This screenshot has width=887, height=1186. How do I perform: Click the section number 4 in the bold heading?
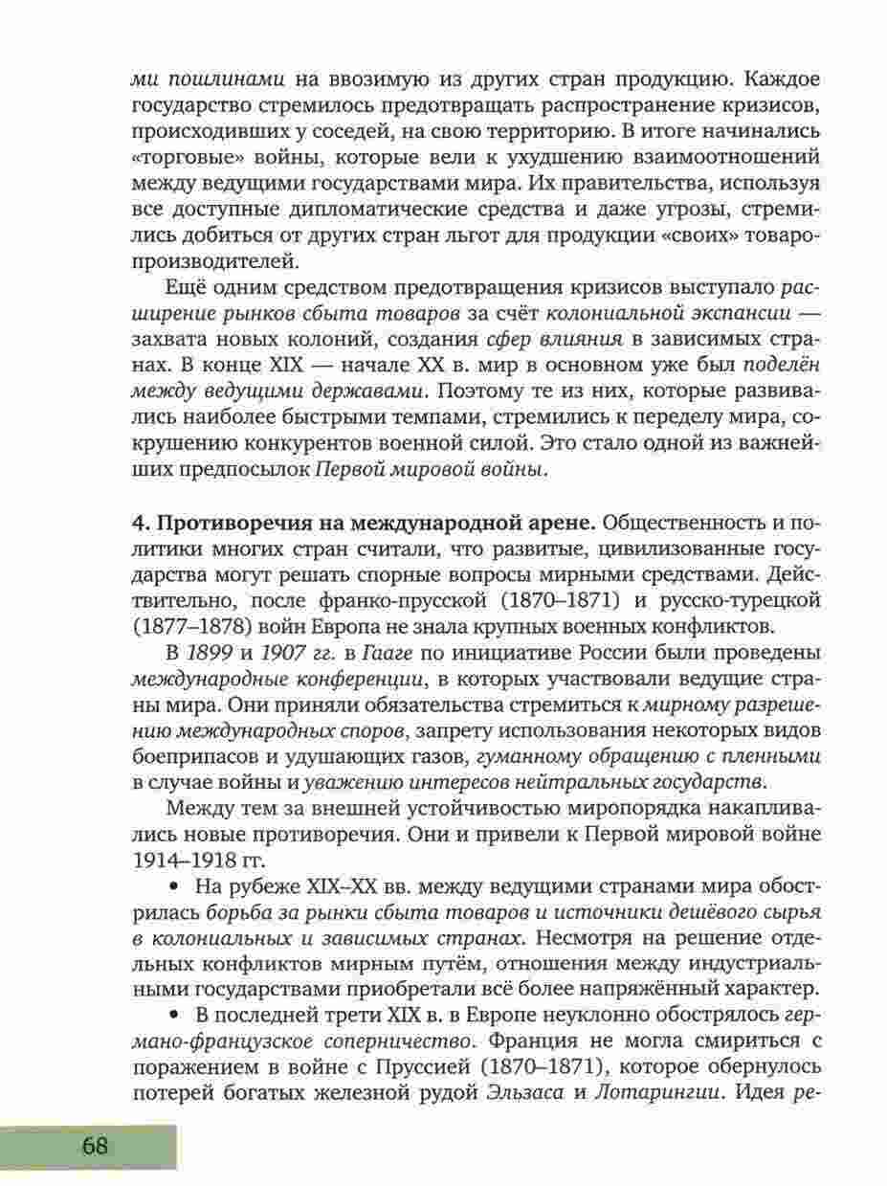click(135, 524)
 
